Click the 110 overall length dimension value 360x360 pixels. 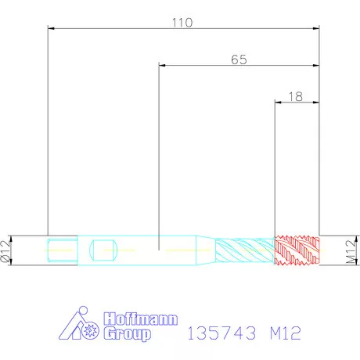point(182,23)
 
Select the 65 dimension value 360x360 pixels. point(239,59)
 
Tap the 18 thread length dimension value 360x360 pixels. point(296,97)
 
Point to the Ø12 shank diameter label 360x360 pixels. point(5,251)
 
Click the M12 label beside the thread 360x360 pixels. point(351,251)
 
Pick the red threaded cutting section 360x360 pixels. point(297,250)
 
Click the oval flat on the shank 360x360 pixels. point(103,250)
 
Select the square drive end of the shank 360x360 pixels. point(63,250)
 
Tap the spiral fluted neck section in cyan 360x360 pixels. point(245,250)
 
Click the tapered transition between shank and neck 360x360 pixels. point(206,250)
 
